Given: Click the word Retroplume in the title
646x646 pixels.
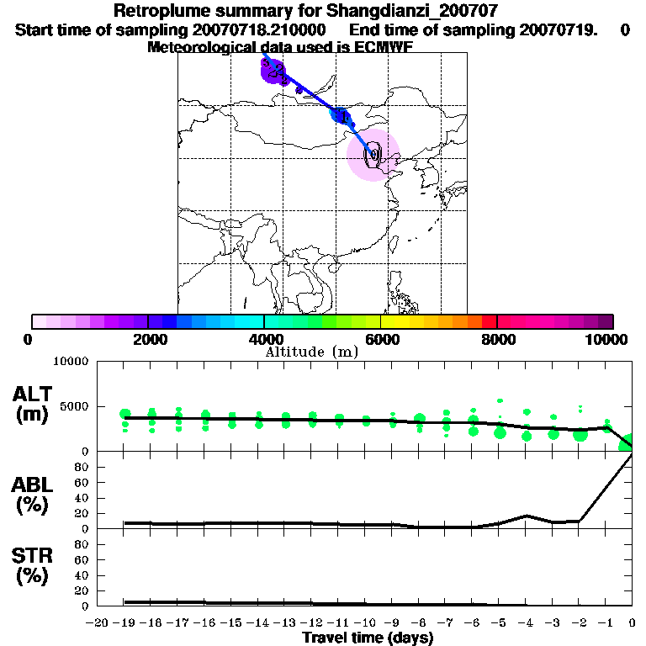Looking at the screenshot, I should (x=157, y=12).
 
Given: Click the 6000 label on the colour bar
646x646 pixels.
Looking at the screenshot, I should (x=381, y=339).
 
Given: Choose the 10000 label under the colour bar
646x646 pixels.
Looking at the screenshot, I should (x=607, y=339).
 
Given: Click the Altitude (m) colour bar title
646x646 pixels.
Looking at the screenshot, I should (x=311, y=352).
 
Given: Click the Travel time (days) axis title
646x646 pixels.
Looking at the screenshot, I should (x=368, y=638).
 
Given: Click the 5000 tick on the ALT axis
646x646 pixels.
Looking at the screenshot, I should (x=75, y=406).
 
